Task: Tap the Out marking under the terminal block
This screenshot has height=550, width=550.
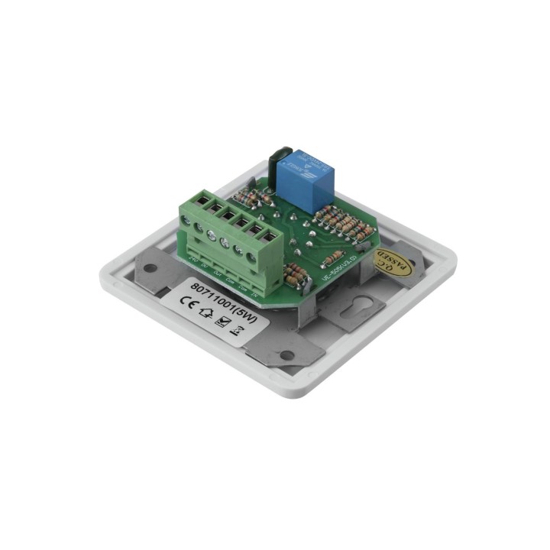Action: click(218, 272)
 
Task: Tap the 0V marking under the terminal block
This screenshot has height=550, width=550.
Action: click(205, 265)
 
